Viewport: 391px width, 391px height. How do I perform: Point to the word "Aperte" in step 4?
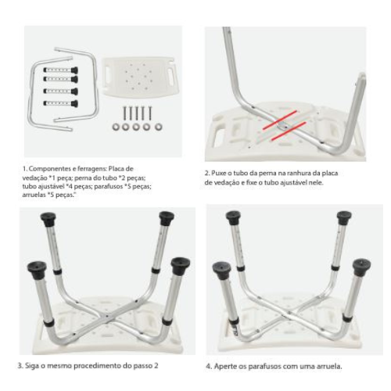pos(224,366)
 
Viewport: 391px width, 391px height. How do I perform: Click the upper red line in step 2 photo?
pos(279,120)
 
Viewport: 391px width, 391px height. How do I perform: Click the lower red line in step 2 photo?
pos(288,131)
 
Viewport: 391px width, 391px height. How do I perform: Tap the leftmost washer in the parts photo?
pos(116,127)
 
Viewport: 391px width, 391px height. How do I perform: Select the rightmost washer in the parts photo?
pos(158,127)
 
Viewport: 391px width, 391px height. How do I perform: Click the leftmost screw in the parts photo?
pos(124,113)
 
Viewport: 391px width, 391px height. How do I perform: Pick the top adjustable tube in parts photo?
pos(61,70)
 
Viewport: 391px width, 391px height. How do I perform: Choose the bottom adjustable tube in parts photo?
pos(61,103)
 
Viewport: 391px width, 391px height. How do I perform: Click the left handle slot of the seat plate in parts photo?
pos(109,74)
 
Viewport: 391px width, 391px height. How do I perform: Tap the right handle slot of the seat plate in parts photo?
pos(172,75)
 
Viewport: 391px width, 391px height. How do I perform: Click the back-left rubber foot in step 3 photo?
pos(48,218)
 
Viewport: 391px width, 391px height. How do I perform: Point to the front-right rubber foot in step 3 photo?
pos(181,265)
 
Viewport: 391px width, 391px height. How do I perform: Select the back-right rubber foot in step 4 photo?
pos(344,218)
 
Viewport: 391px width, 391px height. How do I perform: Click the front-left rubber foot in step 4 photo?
pos(222,271)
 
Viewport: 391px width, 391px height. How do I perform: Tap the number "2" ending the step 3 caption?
pos(156,366)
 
